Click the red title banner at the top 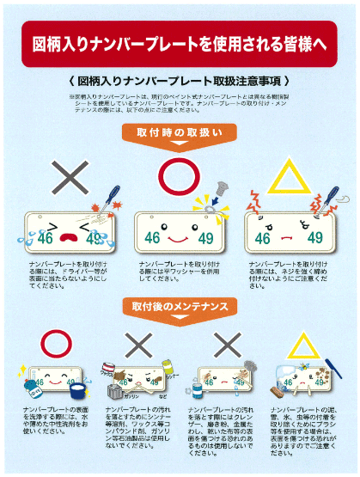tap(180, 41)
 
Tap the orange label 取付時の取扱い tap(180, 132)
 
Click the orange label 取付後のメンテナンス tap(180, 307)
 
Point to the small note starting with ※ tap(180, 104)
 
